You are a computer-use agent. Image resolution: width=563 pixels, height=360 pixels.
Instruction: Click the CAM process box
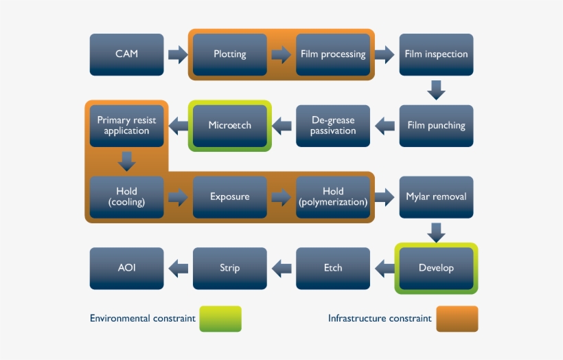[127, 54]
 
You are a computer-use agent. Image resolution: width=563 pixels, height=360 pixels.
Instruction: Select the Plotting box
[230, 54]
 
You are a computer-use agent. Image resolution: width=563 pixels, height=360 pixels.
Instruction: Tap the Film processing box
[333, 54]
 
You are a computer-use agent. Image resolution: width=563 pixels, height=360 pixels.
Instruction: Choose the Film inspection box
[436, 54]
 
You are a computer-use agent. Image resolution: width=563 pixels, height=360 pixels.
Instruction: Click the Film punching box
[436, 126]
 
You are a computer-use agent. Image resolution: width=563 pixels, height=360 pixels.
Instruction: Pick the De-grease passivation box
[333, 126]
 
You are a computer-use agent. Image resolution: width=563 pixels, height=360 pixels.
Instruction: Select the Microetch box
[230, 126]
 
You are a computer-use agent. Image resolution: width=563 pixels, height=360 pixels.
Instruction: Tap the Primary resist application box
[127, 126]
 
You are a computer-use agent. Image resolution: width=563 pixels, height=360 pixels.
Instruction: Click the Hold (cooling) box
[127, 196]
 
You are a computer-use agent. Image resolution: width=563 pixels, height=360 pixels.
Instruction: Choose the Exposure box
[230, 196]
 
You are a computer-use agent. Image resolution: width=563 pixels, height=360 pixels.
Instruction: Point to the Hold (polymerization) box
[333, 196]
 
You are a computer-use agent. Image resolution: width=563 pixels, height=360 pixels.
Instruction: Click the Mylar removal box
[436, 196]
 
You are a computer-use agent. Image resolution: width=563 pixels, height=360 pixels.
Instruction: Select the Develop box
[436, 268]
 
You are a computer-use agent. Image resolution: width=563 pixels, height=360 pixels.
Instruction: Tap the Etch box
[333, 268]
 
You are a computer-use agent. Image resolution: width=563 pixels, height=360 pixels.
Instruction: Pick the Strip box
[230, 268]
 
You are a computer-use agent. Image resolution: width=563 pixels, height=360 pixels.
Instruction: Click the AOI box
[127, 268]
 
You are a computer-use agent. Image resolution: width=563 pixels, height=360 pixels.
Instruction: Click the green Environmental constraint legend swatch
[220, 319]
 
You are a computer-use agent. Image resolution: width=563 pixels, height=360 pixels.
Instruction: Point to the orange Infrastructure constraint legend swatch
[457, 319]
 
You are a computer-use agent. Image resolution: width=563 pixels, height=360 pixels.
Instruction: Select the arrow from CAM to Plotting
[178, 54]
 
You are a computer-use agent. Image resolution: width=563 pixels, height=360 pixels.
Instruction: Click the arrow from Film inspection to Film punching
[436, 90]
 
